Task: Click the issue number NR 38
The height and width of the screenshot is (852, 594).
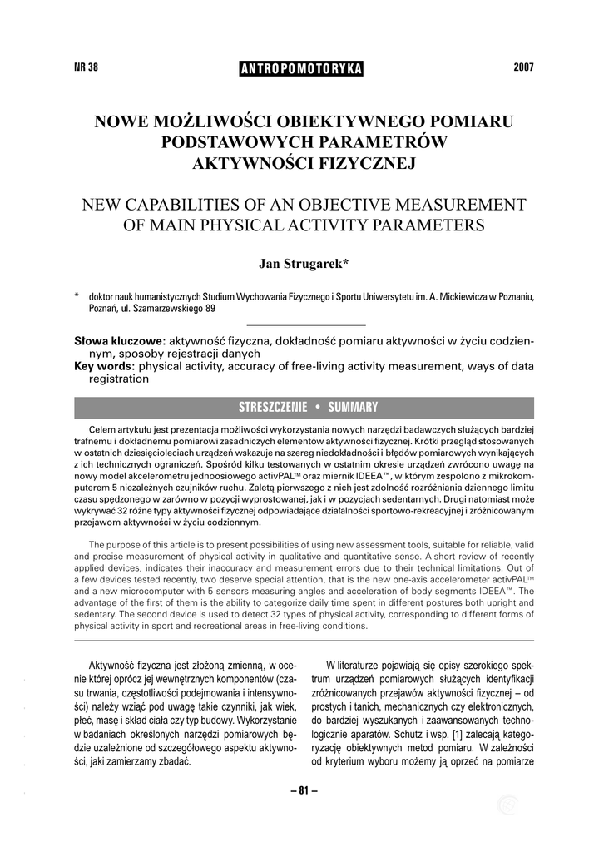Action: [87, 67]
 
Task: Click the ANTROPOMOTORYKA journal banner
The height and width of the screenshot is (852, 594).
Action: [301, 68]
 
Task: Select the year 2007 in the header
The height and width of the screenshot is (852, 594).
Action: [523, 67]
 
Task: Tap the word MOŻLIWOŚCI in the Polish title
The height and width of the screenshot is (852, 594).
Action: [209, 121]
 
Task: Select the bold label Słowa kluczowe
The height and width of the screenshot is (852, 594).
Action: [120, 341]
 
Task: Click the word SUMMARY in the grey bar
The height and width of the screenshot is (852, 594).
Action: [353, 407]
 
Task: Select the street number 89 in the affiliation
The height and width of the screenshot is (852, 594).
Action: [210, 308]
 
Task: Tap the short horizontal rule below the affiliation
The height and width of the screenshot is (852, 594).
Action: [307, 324]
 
